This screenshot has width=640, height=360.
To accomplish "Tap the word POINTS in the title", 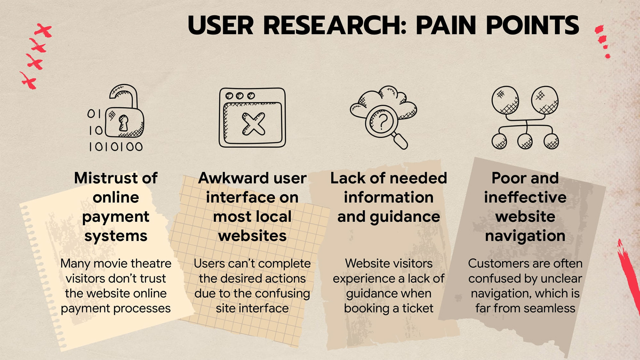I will coord(532,26).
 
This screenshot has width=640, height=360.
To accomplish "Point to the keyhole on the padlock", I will coord(123,123).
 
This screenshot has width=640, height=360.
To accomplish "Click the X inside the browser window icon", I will coord(253,124).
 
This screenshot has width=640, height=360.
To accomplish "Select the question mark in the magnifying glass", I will coord(383,122).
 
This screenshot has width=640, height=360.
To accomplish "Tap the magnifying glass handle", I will coord(399,141).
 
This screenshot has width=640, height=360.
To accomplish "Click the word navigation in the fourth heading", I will coord(525,236).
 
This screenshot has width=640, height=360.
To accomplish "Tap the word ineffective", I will coord(525,197).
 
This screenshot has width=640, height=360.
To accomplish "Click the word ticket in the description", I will coord(418,308).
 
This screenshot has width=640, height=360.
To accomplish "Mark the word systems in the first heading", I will coord(116,236).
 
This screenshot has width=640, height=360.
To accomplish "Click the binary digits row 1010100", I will coord(116,147).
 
